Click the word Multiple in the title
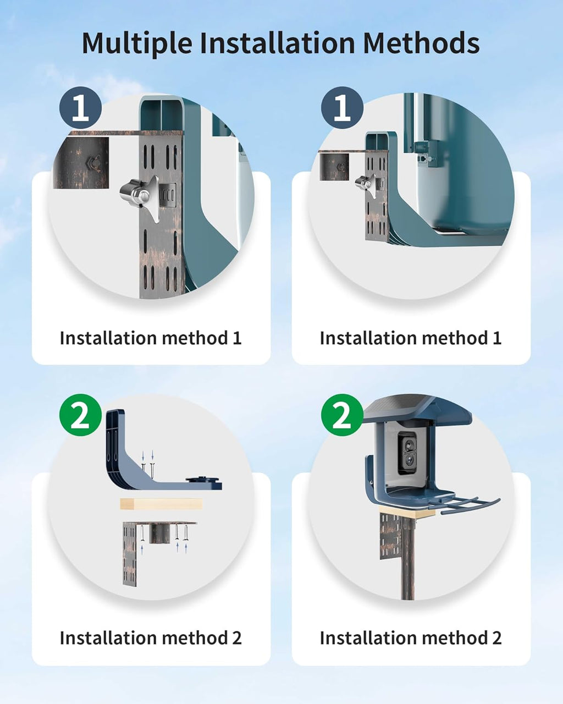click(x=137, y=43)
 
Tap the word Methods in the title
click(x=421, y=43)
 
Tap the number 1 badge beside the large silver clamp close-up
click(x=80, y=108)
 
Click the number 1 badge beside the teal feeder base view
click(x=342, y=108)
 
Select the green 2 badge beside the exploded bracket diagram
click(x=80, y=415)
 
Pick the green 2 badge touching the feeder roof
click(x=342, y=415)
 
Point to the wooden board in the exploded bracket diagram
click(x=161, y=504)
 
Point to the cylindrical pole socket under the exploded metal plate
click(x=159, y=533)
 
